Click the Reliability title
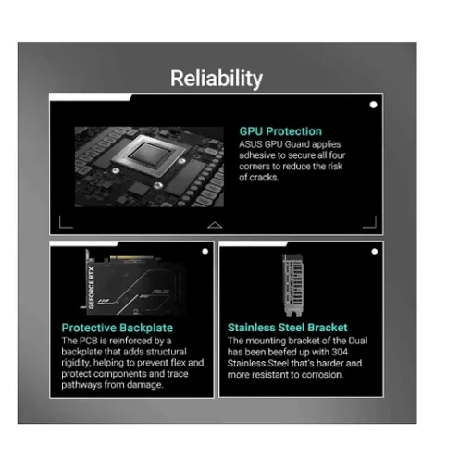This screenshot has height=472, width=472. [217, 79]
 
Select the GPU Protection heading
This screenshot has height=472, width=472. [280, 131]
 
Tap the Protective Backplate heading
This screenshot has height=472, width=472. [118, 328]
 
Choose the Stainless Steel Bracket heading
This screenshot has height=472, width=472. [288, 328]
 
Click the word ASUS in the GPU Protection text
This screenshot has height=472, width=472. [251, 144]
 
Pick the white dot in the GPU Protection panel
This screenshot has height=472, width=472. [373, 105]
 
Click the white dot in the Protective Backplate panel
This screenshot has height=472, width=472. [205, 252]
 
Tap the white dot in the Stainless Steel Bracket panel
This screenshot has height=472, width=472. [375, 252]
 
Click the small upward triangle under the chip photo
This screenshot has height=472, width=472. [215, 225]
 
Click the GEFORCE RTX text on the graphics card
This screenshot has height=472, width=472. [92, 288]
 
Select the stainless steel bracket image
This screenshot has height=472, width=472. [293, 285]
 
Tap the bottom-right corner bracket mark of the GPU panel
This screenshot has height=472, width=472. [369, 222]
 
